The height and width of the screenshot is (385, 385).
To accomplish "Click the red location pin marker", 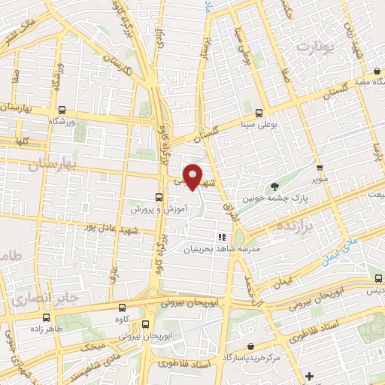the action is click(x=192, y=177).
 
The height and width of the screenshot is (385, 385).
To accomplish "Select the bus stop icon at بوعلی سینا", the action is click(x=259, y=113).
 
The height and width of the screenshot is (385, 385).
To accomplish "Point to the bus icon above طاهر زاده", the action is click(x=47, y=317).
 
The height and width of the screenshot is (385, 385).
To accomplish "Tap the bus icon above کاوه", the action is click(x=123, y=307).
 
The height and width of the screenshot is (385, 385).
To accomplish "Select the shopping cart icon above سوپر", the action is click(x=320, y=168).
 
